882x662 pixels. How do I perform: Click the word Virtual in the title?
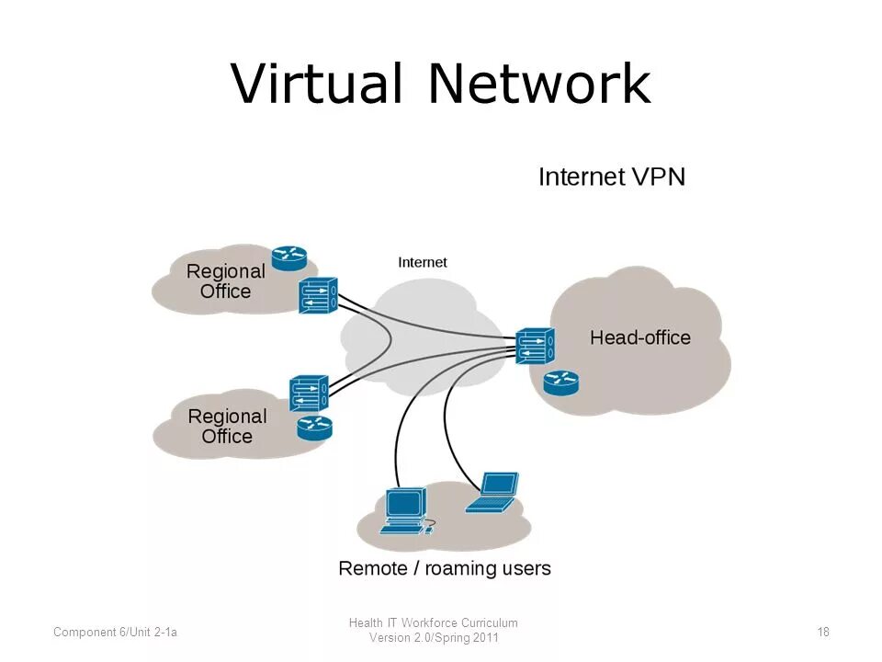(x=317, y=83)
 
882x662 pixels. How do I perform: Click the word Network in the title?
(x=539, y=83)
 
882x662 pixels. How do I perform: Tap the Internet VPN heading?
(x=611, y=177)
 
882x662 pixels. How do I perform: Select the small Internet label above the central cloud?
(x=423, y=262)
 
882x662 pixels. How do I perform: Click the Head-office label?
(x=639, y=337)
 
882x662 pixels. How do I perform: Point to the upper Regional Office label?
(x=225, y=281)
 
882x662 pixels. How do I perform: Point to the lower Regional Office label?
(x=226, y=426)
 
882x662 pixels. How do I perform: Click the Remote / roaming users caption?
(x=445, y=568)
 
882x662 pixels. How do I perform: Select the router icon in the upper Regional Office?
(x=288, y=257)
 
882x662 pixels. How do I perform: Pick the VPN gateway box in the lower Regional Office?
(x=310, y=394)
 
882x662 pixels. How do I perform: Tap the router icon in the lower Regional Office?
(x=314, y=428)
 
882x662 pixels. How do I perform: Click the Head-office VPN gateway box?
(x=535, y=346)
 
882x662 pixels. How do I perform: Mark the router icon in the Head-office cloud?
(x=560, y=382)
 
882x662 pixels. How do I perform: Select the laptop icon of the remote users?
(x=493, y=492)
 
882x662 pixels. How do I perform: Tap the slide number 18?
(x=822, y=632)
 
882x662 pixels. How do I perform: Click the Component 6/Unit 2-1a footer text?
(x=115, y=632)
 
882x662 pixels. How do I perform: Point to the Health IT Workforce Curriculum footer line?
(x=433, y=623)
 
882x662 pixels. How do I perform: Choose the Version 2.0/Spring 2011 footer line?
(x=433, y=638)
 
